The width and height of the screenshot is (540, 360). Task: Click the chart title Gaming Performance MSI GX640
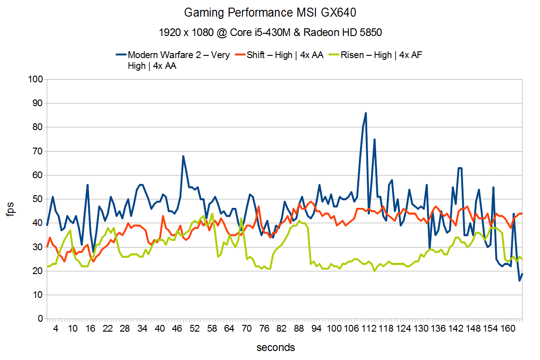click(x=270, y=13)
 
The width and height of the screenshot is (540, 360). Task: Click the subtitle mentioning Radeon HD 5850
click(x=270, y=32)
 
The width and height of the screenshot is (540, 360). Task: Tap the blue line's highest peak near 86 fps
click(x=366, y=113)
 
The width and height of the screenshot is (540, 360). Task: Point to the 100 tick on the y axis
click(x=35, y=80)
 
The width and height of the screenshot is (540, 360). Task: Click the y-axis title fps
click(x=11, y=209)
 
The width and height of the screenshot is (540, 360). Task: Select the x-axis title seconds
click(x=276, y=347)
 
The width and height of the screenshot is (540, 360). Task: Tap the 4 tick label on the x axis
click(x=56, y=329)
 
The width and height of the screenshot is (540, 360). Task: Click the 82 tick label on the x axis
click(x=281, y=329)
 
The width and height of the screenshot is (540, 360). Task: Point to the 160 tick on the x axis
click(x=508, y=329)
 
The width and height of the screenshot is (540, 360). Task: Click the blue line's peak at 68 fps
click(x=184, y=156)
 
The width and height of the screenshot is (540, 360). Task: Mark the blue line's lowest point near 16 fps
click(x=519, y=281)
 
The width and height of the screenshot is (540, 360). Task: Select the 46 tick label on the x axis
click(x=177, y=329)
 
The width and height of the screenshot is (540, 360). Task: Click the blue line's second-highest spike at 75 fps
click(x=374, y=139)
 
